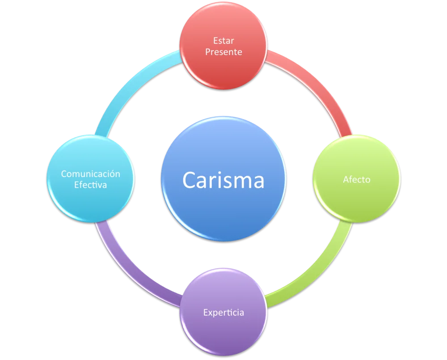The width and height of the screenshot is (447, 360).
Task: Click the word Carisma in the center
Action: (x=223, y=180)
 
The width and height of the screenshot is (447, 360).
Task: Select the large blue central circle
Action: (x=223, y=179)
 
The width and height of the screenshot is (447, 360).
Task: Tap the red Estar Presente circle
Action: (x=223, y=46)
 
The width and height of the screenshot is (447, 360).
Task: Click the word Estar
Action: (x=223, y=41)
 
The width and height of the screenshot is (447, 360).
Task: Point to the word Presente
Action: (x=223, y=52)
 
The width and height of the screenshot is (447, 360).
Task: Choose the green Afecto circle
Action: (x=356, y=179)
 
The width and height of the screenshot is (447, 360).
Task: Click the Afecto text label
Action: (x=356, y=179)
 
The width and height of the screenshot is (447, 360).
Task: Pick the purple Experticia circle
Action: (x=223, y=312)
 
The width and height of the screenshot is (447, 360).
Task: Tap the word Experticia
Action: (x=223, y=313)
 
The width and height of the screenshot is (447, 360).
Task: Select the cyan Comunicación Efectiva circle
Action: (x=91, y=179)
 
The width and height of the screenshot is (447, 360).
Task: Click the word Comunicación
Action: (x=91, y=174)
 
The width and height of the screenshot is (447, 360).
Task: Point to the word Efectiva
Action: (x=91, y=185)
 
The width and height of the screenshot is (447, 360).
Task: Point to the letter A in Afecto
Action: (x=346, y=179)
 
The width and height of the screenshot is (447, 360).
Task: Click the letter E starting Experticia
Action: (x=206, y=312)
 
